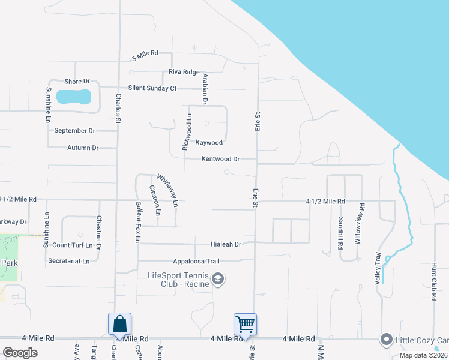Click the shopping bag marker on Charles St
coord(119,323)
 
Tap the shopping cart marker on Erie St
coord(245,324)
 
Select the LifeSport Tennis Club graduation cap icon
coord(218,278)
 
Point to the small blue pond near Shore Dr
coord(73,96)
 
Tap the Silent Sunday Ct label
coord(148,88)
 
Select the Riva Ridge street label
coord(184,72)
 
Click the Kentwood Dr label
coord(220,159)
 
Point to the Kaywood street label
coord(209,143)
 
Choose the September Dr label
coord(74,130)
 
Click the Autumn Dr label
coord(83,148)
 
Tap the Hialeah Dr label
coord(226,244)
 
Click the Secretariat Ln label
coord(68,261)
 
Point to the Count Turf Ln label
coord(73,245)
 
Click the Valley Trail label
coord(378,267)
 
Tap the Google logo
coord(20,352)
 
